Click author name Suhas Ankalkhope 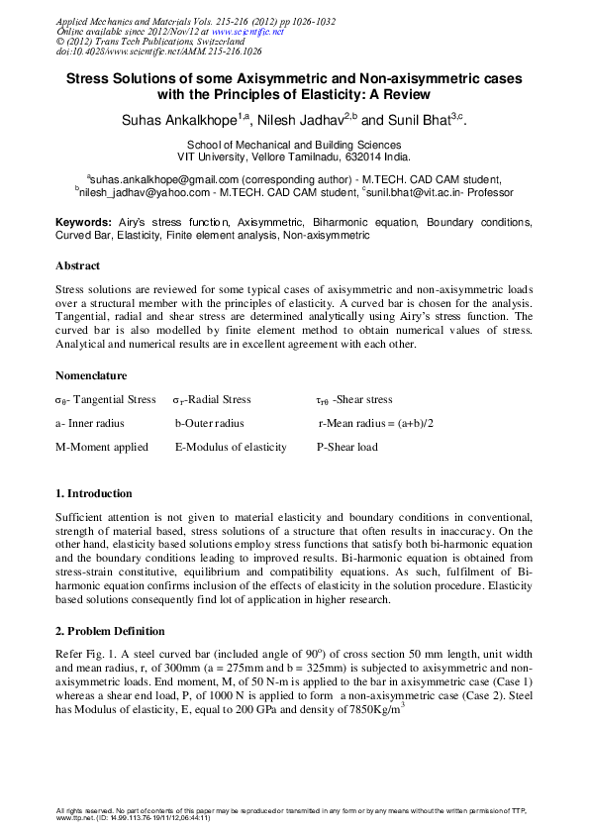tap(175, 120)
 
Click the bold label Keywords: tap(82, 223)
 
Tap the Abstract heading tap(77, 266)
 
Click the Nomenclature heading tap(90, 375)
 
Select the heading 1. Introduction tap(93, 493)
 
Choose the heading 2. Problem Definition tap(110, 631)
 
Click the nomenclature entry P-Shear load tap(346, 447)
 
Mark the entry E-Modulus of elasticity tap(231, 447)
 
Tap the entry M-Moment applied tap(101, 447)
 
